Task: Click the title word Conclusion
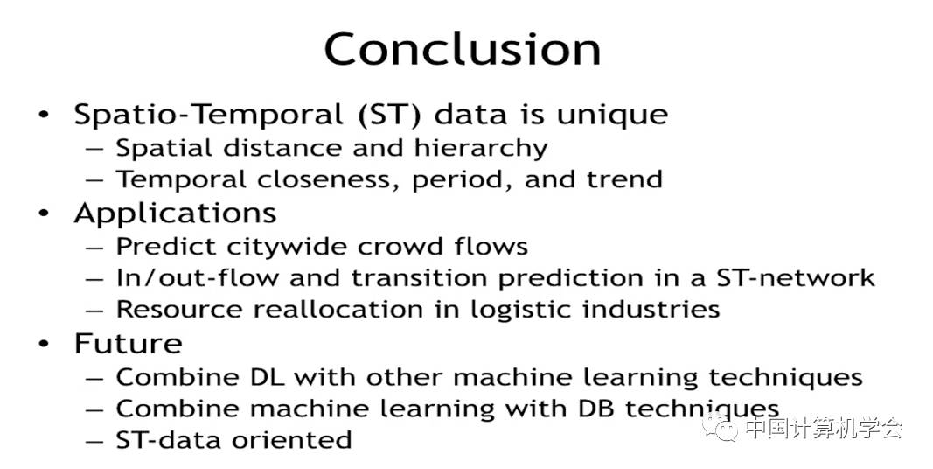[463, 49]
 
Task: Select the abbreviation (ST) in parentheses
[390, 115]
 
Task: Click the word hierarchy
[481, 148]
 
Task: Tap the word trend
[624, 179]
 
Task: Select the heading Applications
[176, 213]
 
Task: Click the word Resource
[180, 310]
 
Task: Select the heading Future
[129, 344]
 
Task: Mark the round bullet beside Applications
[44, 213]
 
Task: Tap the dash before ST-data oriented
[94, 441]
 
